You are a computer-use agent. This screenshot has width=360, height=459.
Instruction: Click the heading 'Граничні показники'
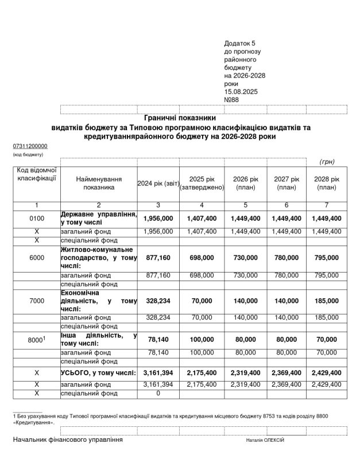pos(180,117)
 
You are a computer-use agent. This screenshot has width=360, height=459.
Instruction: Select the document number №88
pos(231,99)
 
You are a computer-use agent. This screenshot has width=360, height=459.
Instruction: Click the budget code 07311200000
pos(30,146)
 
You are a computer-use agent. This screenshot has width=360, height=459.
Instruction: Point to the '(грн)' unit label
pos(327,162)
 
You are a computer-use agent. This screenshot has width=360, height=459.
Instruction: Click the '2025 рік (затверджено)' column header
pos(202,183)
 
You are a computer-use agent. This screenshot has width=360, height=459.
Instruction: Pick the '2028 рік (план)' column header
pos(326,183)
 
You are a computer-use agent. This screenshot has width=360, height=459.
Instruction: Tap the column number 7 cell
pos(326,205)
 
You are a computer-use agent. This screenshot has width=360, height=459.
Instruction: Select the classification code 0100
pos(36,219)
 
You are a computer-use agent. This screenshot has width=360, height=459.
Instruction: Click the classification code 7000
pos(36,301)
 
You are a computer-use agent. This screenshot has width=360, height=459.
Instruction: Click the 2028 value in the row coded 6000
pos(326,258)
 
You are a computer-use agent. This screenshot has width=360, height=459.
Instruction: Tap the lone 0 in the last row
pos(158,393)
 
